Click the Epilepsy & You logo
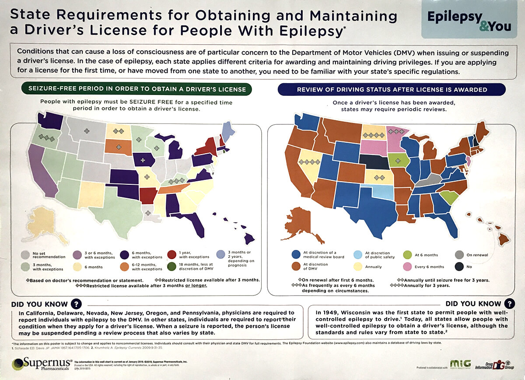pos(469,21)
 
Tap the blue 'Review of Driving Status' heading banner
pos(392,89)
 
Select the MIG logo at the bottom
pos(460,364)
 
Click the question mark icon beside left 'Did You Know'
pos(76,303)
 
